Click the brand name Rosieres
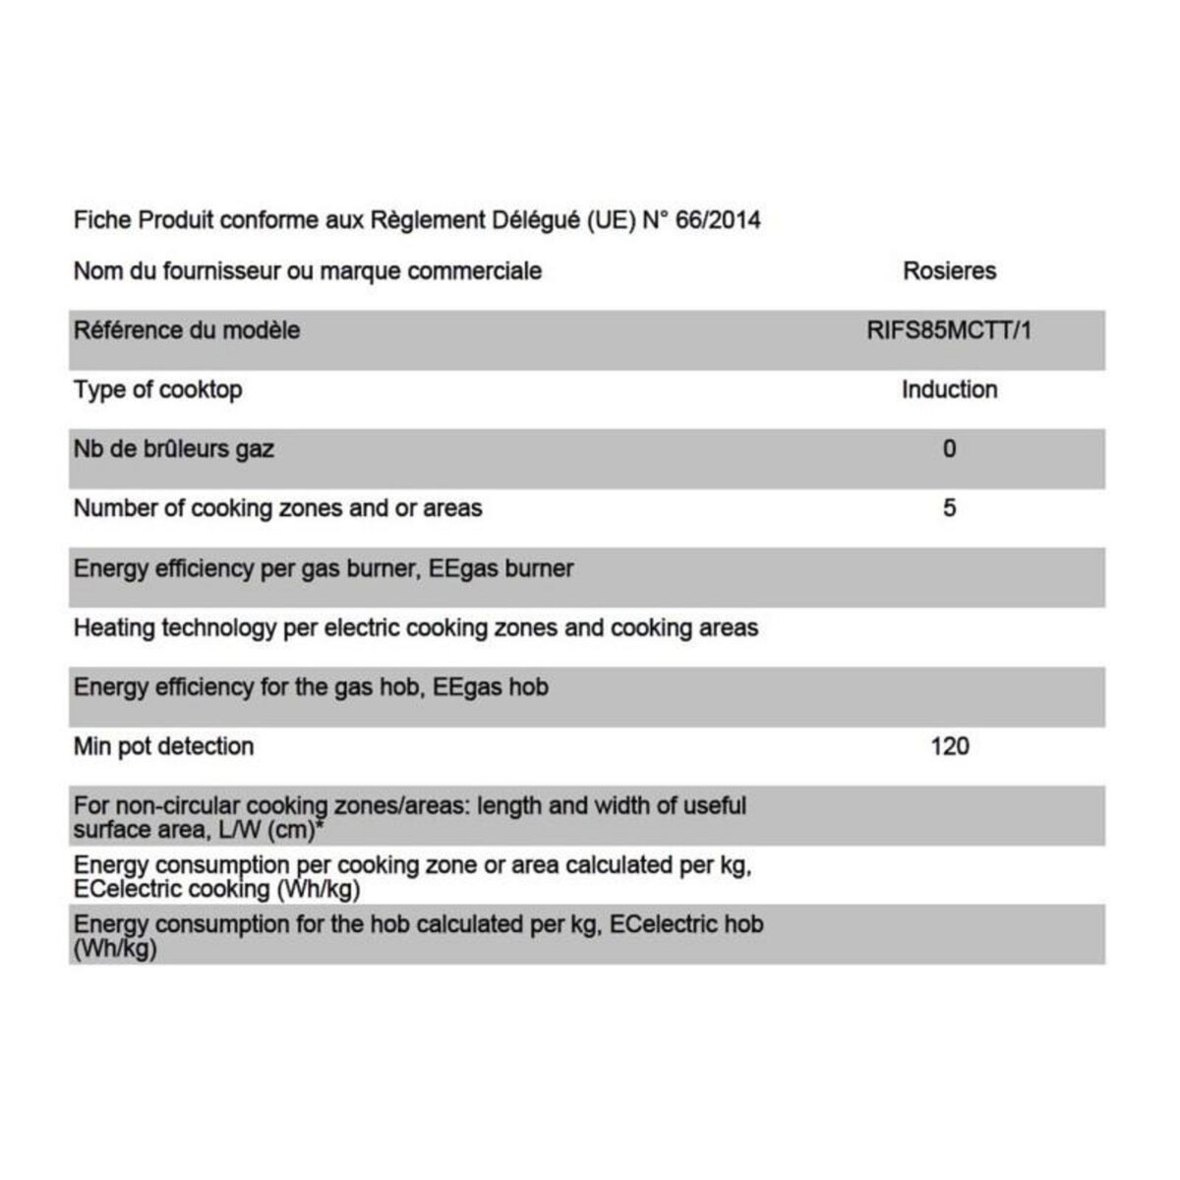(x=949, y=271)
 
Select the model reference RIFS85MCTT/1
(x=949, y=330)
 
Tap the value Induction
(x=949, y=389)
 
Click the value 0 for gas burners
(x=949, y=449)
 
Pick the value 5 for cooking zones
(x=949, y=508)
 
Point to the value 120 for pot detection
(x=949, y=746)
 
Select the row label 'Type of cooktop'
(x=157, y=389)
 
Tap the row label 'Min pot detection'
(x=163, y=746)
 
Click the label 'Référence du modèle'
(x=186, y=330)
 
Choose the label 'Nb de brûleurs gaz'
(x=173, y=449)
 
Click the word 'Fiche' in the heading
(x=102, y=219)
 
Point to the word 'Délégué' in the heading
(x=537, y=219)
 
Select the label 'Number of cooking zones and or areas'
(x=277, y=508)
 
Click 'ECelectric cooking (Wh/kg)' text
(x=216, y=890)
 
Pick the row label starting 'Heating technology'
(x=415, y=627)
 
